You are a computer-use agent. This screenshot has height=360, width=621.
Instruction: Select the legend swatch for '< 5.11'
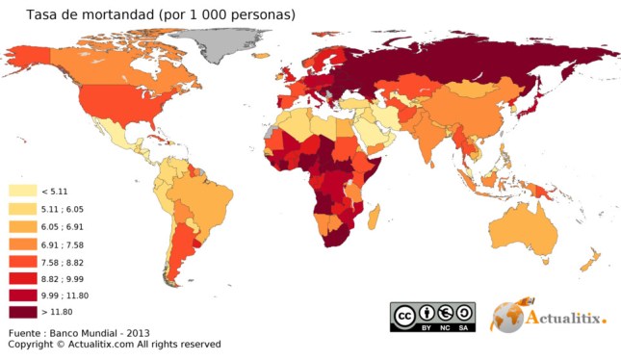pyautogui.click(x=22, y=192)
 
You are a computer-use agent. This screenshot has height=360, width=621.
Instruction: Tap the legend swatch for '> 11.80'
pyautogui.click(x=22, y=312)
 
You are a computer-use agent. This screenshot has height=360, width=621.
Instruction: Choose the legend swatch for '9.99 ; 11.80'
pyautogui.click(x=22, y=295)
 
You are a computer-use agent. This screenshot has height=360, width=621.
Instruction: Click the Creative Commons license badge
pyautogui.click(x=432, y=316)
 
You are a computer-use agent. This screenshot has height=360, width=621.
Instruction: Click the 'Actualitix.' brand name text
pyautogui.click(x=568, y=319)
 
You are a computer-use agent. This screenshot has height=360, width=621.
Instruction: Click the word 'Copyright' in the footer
pyautogui.click(x=30, y=344)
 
